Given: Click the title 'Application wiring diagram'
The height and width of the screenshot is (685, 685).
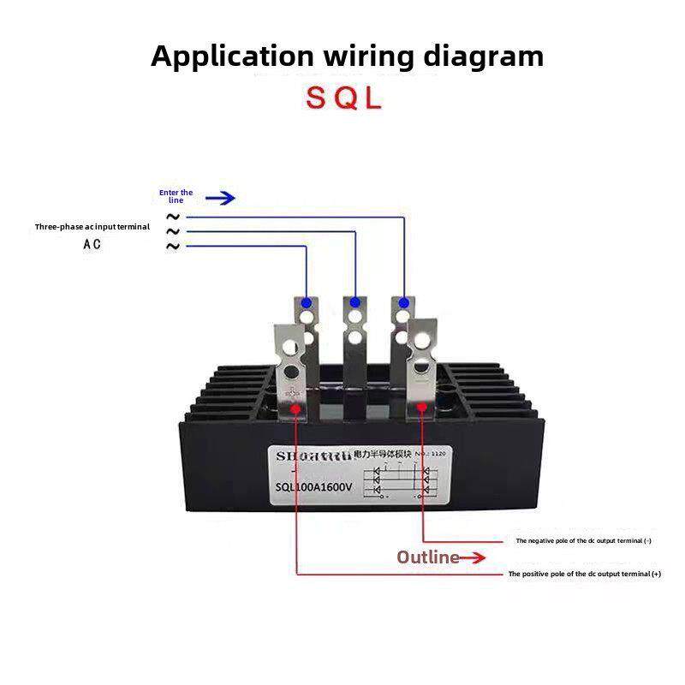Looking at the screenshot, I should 347,57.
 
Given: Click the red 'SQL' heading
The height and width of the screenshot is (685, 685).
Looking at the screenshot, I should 343,98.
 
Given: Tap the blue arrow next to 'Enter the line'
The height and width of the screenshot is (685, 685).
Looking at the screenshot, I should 220,198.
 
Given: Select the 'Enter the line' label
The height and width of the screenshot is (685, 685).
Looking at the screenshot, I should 176,196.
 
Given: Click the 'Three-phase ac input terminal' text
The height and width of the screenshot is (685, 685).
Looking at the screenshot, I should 92,227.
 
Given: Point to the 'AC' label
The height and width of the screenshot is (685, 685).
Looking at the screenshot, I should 92,244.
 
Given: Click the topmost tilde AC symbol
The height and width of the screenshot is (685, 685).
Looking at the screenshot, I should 173,217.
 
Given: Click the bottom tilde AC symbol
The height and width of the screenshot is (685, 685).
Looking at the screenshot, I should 173,247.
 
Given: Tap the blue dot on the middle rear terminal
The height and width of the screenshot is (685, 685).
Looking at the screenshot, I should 354,302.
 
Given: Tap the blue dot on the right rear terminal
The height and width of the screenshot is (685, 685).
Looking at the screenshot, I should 402,302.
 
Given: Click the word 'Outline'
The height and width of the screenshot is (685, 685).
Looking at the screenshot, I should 428,557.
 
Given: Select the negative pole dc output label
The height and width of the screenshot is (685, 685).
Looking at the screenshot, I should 583,541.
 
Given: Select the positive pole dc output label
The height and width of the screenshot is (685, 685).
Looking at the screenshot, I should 585,574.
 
